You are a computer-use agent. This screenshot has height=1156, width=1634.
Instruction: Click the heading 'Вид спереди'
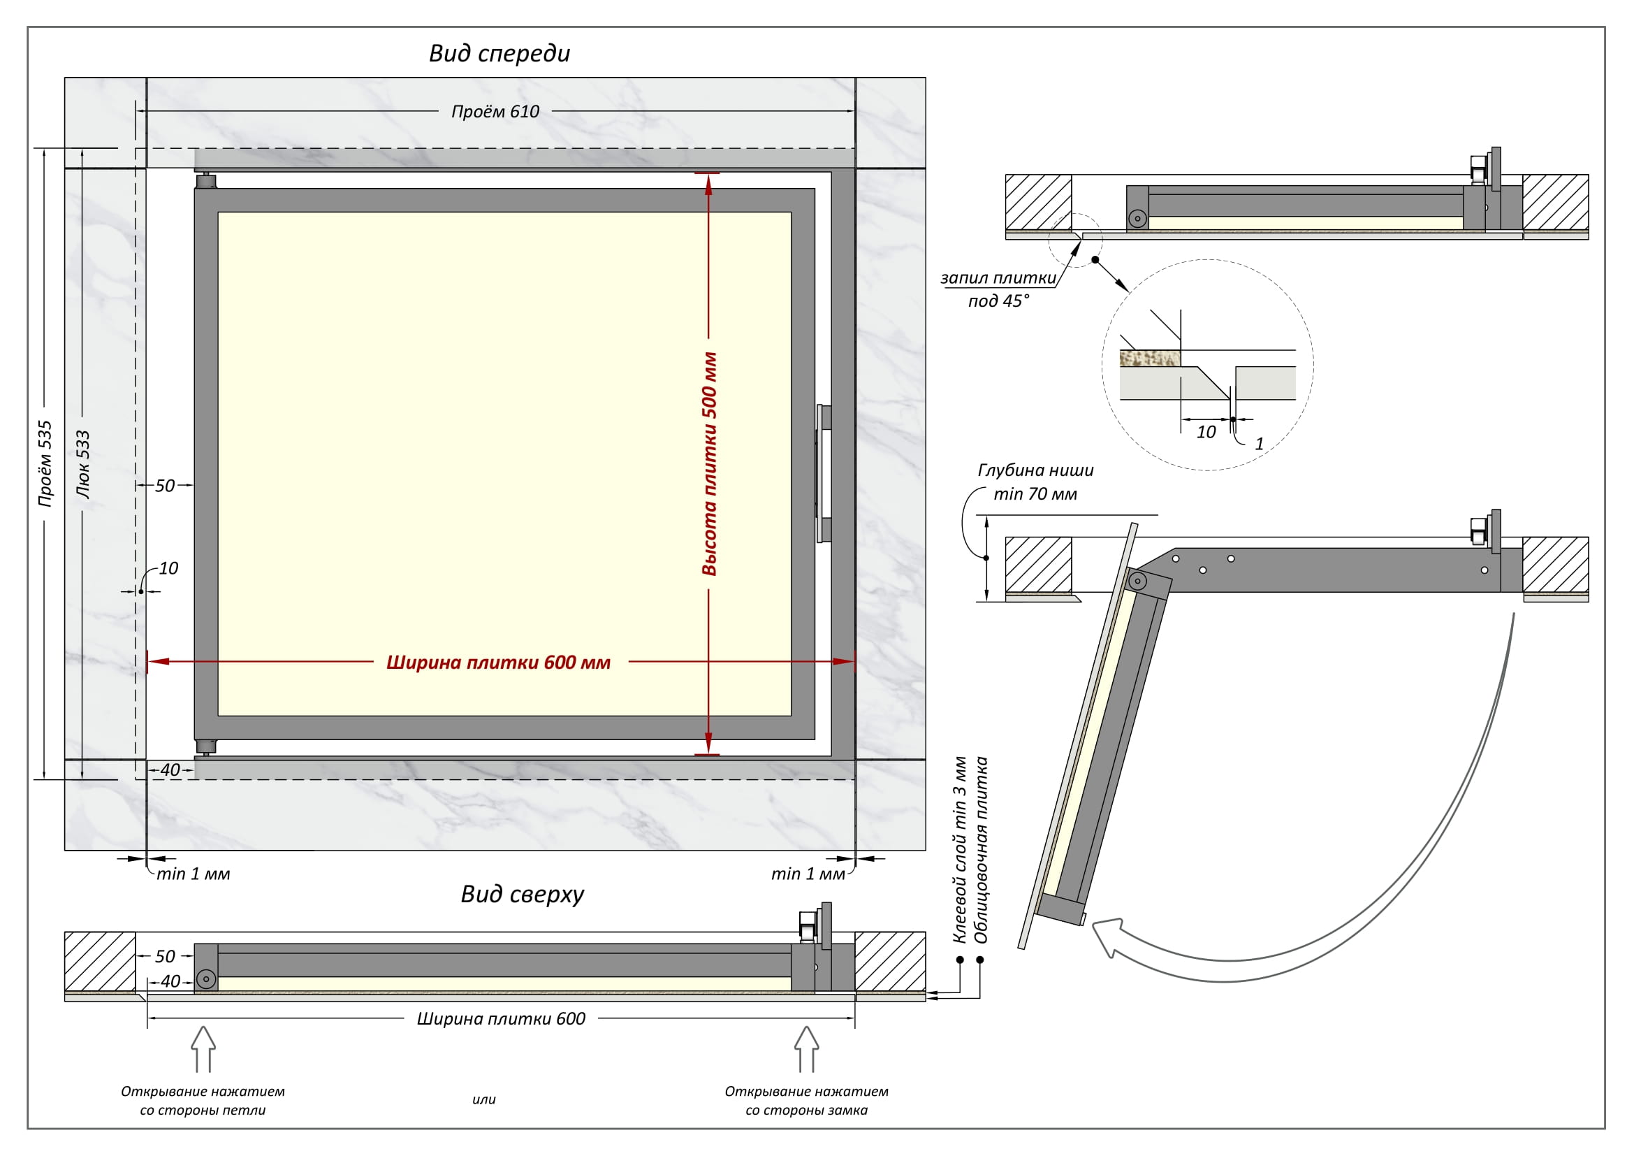click(x=499, y=53)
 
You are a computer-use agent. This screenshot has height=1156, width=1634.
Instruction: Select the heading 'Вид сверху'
click(x=522, y=894)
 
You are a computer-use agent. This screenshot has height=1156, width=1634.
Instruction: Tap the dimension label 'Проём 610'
click(x=495, y=112)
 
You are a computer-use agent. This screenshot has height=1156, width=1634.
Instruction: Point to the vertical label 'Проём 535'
click(x=45, y=463)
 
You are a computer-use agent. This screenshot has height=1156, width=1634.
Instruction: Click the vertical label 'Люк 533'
click(x=83, y=463)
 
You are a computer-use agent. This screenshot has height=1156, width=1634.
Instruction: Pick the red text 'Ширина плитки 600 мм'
click(x=498, y=663)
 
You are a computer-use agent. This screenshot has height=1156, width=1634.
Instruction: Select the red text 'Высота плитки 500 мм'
click(x=710, y=463)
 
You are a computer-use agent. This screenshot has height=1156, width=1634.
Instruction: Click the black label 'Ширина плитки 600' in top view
click(x=501, y=1018)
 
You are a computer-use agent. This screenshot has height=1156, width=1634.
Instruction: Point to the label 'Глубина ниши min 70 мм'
click(x=1035, y=482)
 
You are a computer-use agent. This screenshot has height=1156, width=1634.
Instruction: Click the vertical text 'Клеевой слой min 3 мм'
click(x=960, y=850)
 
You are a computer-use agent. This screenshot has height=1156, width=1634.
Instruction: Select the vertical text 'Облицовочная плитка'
click(x=982, y=850)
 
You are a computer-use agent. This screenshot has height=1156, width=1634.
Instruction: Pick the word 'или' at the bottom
click(x=484, y=1100)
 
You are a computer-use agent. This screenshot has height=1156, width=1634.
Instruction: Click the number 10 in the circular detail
click(x=1206, y=432)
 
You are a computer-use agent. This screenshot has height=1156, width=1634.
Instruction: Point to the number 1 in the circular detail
click(x=1259, y=444)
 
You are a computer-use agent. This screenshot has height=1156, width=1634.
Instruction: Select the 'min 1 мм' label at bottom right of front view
click(x=808, y=874)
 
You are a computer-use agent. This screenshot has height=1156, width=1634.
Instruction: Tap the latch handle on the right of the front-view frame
click(x=824, y=473)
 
